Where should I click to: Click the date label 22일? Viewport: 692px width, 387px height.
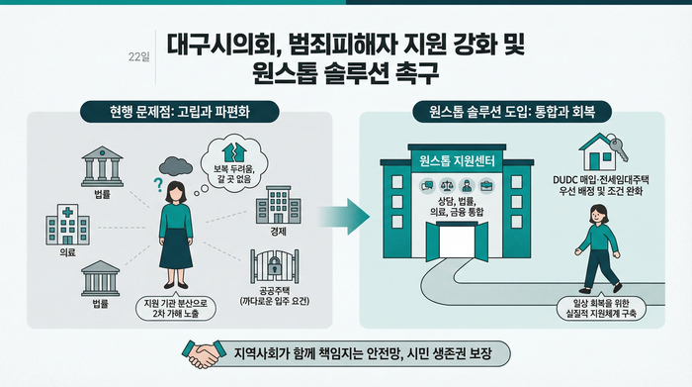pos(139,56)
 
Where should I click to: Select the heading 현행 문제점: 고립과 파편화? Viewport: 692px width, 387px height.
pos(180,112)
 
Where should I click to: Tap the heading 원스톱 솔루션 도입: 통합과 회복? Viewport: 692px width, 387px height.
pos(512,112)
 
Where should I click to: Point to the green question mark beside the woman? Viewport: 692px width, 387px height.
pos(156,184)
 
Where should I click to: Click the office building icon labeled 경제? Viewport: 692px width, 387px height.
pos(278,206)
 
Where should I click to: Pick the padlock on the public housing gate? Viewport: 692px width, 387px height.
pos(275,266)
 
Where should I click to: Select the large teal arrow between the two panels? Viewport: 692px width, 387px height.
pos(345,211)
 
